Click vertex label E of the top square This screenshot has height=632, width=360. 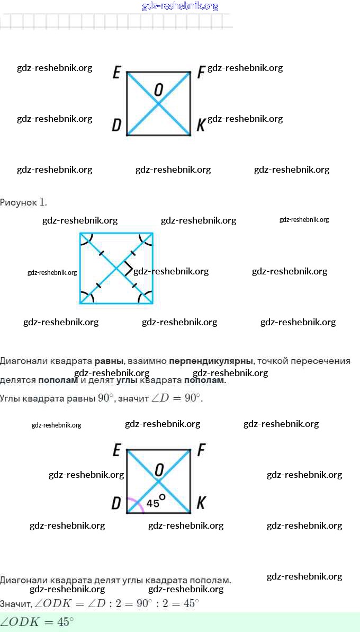coord(116,73)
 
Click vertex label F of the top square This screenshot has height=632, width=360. coord(201,73)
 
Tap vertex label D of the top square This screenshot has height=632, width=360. coord(116,126)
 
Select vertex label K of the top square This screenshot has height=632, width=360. coord(201,126)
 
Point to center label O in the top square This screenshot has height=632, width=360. coord(158,90)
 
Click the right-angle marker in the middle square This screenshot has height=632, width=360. coord(128,269)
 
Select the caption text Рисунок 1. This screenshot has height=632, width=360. coord(24,202)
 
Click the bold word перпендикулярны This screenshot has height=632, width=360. coord(211,361)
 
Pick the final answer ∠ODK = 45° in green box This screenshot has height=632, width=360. coord(37,622)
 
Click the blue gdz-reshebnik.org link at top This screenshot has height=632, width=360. coord(180,6)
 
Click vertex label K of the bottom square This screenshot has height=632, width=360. coord(201,503)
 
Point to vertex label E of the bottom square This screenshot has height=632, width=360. coord(116,451)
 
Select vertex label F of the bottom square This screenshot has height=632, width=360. coord(201,451)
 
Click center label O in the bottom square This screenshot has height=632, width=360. coord(159,468)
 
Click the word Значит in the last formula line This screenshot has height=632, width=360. coord(16,604)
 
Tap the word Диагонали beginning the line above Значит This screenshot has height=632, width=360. coord(22,581)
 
